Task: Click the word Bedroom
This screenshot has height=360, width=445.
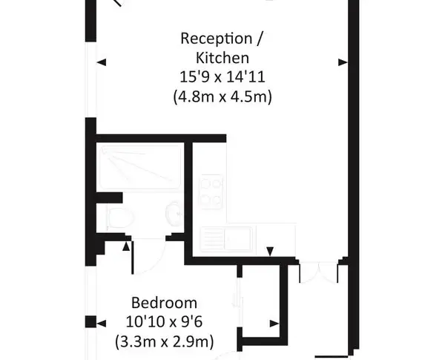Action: click(164, 303)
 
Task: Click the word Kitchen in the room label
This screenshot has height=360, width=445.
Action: click(222, 58)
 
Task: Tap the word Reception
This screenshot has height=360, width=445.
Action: click(217, 39)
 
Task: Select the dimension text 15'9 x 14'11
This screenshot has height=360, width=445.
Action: click(222, 77)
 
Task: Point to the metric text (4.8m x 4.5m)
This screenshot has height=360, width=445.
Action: click(222, 96)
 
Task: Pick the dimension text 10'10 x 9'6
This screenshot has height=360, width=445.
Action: click(164, 322)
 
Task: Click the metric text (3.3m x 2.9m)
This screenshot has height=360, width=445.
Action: click(164, 341)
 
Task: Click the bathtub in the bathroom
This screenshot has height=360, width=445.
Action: click(141, 167)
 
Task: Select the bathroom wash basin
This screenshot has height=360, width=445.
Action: click(174, 214)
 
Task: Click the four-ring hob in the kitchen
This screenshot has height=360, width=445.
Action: click(211, 192)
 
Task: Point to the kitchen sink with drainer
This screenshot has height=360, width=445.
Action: click(226, 239)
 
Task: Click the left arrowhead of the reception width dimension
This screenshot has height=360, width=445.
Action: click(102, 62)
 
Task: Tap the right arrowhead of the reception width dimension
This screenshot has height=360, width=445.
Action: click(343, 62)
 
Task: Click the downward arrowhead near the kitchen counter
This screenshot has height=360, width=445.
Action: click(270, 251)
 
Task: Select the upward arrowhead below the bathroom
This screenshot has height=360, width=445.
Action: click(126, 246)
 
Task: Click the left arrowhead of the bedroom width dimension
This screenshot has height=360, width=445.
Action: click(102, 324)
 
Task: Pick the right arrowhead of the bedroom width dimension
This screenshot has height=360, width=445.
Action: click(274, 324)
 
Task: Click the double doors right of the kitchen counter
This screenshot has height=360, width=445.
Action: click(319, 272)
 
